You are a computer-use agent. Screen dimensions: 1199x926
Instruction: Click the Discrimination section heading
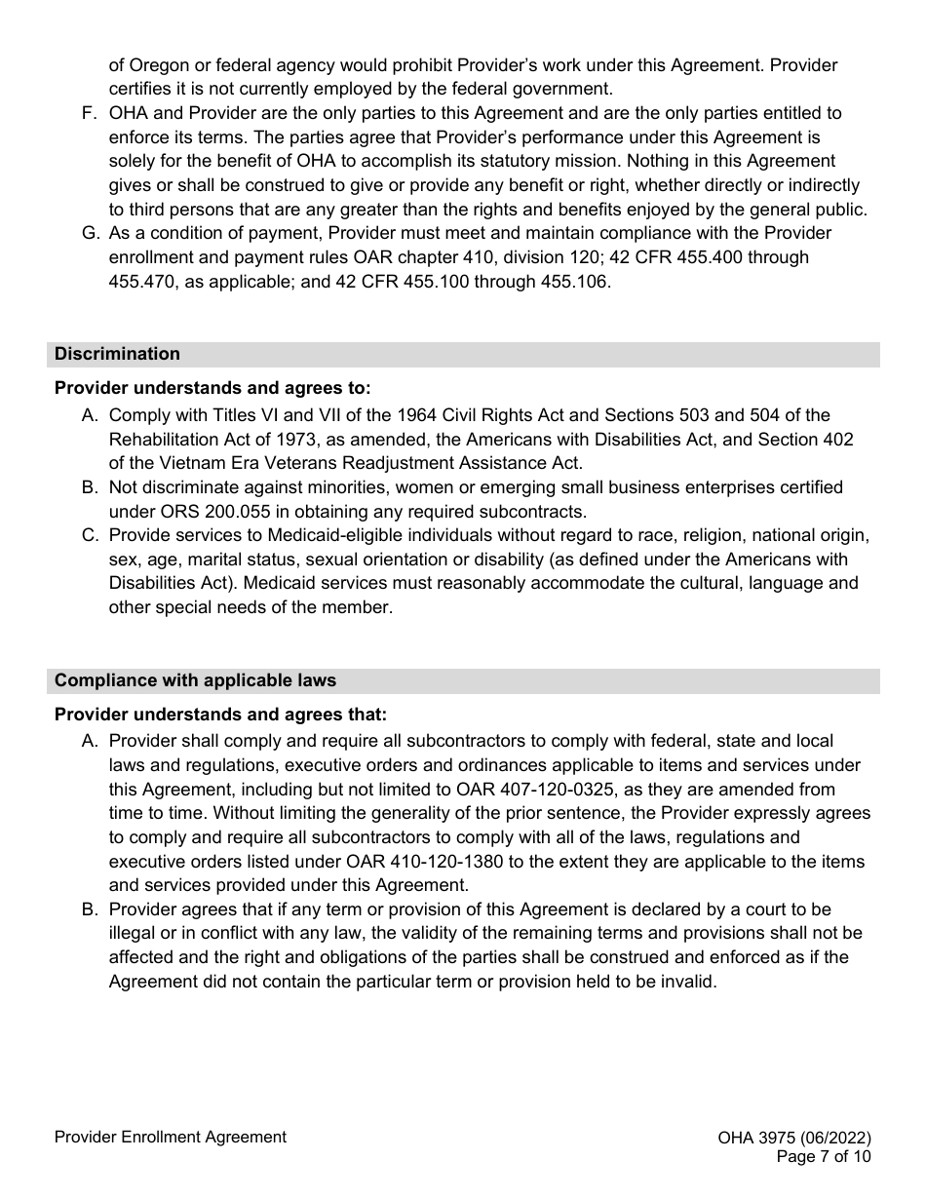tap(117, 354)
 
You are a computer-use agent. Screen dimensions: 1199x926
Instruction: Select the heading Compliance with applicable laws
tap(195, 679)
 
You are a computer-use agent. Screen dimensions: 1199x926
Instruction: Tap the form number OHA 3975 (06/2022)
tap(793, 1138)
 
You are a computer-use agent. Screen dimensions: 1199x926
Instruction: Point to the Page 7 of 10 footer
tap(823, 1157)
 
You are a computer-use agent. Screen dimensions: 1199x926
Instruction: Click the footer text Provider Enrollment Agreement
tap(171, 1137)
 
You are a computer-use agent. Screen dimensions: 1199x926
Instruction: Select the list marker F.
tap(89, 113)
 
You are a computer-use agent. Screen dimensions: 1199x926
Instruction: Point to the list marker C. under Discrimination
tap(89, 535)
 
